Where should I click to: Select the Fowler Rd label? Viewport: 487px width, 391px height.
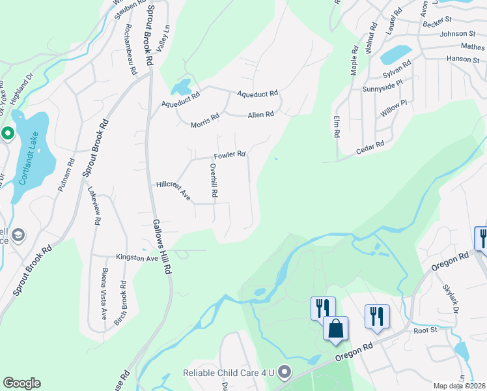click(230, 155)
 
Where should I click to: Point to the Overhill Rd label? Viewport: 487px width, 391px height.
click(213, 180)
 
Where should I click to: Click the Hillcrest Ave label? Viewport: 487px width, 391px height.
click(173, 190)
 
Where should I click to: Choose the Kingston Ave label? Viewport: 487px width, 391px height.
click(137, 258)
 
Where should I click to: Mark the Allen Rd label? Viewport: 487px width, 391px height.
click(260, 115)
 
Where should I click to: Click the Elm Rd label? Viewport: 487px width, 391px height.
click(337, 126)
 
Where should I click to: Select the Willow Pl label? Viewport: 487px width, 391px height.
click(393, 108)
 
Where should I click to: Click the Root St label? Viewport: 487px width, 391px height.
click(424, 330)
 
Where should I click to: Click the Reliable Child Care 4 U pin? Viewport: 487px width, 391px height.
click(284, 373)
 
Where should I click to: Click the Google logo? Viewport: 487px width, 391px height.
click(21, 383)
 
